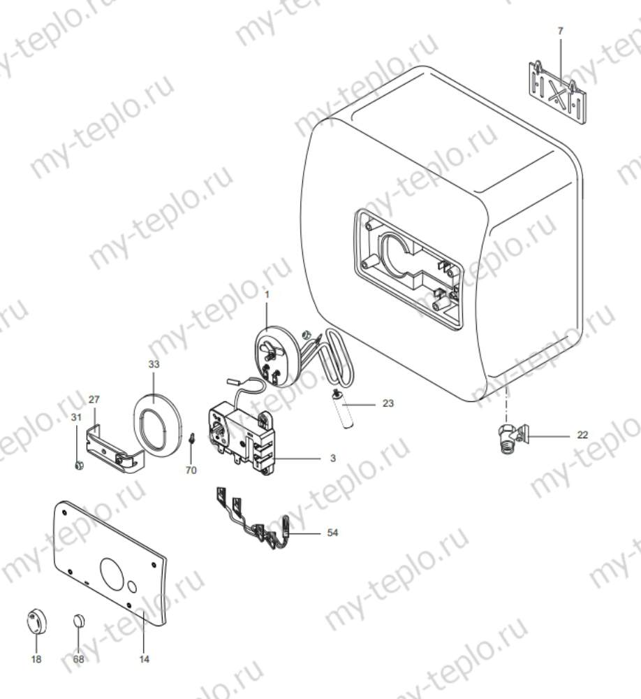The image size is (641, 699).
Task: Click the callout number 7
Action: pos(560,31)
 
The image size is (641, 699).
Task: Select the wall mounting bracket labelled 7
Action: pos(556,92)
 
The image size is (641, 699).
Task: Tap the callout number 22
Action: pos(582,435)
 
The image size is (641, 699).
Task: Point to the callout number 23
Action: pos(389,403)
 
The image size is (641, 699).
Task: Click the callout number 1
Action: pos(266,294)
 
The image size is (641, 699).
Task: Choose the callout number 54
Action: pos(333,533)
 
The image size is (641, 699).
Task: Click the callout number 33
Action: pos(154,364)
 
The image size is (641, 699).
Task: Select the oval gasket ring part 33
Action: pos(157,423)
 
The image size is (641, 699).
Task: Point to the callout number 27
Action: pos(94,399)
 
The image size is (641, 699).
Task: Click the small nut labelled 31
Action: pos(79,464)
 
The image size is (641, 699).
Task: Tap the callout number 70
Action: pos(191,470)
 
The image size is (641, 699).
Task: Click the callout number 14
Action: pos(144,658)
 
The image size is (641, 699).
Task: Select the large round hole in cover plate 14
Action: pos(115,572)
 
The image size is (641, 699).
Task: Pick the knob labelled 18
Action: pos(36,620)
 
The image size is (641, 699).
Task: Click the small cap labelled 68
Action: pos(79,621)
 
